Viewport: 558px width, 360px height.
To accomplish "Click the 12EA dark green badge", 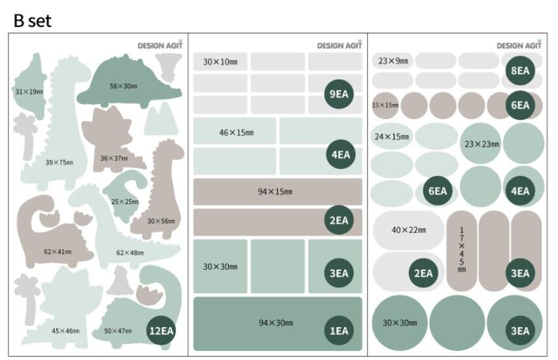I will pyautogui.click(x=160, y=330).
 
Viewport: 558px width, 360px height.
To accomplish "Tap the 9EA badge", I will pyautogui.click(x=338, y=94).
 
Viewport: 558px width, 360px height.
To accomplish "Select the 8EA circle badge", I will pyautogui.click(x=520, y=71).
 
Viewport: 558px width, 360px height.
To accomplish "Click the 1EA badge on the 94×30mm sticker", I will pyautogui.click(x=338, y=331).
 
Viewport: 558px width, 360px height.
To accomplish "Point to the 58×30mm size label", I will pyautogui.click(x=123, y=86).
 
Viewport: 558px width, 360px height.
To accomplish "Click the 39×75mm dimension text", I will pyautogui.click(x=59, y=162).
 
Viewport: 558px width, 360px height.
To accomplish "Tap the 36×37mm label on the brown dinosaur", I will pyautogui.click(x=114, y=158).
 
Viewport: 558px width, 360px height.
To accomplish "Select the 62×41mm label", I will pyautogui.click(x=58, y=252).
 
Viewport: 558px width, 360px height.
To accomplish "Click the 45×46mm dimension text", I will pyautogui.click(x=65, y=331).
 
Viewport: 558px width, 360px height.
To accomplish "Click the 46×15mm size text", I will pyautogui.click(x=236, y=133).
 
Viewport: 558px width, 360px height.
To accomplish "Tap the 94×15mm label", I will pyautogui.click(x=275, y=192).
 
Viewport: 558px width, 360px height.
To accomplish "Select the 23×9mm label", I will pyautogui.click(x=393, y=62).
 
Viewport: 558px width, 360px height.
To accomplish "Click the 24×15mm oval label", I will pyautogui.click(x=391, y=137).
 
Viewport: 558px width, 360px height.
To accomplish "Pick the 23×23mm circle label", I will pyautogui.click(x=481, y=144).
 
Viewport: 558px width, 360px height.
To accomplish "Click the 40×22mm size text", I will pyautogui.click(x=408, y=230).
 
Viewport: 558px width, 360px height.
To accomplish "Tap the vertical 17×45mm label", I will pyautogui.click(x=462, y=249).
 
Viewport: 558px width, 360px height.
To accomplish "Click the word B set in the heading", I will pyautogui.click(x=32, y=20).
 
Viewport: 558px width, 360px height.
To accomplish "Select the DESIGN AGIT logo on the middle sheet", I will pyautogui.click(x=340, y=45).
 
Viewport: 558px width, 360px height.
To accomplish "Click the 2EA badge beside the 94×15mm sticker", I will pyautogui.click(x=338, y=221).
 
